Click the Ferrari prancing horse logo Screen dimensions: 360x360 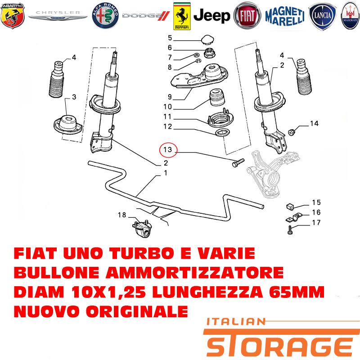point(182,16)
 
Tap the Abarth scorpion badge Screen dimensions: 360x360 point(13,16)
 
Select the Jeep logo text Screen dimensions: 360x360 point(211,16)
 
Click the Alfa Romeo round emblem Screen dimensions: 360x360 point(105,16)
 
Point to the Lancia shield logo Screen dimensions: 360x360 point(323,16)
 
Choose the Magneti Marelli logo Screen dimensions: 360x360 point(285,16)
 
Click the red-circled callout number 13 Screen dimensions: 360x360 point(168,150)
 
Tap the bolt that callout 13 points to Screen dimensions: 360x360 point(238,162)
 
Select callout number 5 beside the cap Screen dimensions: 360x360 point(170,38)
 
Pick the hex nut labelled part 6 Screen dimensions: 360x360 point(209,53)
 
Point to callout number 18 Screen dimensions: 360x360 point(122,215)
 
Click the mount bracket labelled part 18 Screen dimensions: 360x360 point(142,229)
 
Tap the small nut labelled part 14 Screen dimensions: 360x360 point(292,132)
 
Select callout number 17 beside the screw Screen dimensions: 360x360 point(316,222)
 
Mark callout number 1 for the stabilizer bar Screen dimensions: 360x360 point(166,173)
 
